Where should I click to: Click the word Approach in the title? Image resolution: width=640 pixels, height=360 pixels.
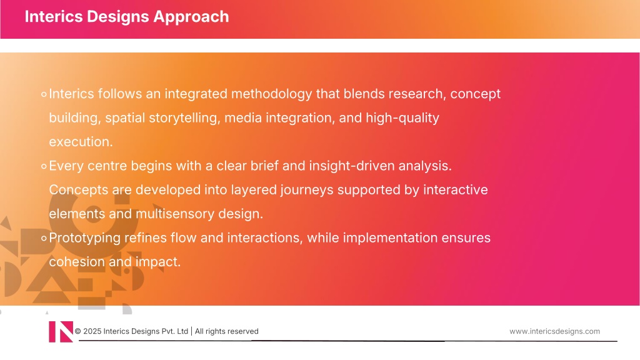click(x=191, y=17)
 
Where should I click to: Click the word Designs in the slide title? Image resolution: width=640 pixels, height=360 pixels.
click(x=117, y=17)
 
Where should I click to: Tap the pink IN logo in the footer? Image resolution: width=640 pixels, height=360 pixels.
click(x=61, y=331)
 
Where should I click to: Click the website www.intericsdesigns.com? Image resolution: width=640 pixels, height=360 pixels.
click(x=555, y=331)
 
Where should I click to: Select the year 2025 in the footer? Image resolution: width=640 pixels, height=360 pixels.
click(x=92, y=331)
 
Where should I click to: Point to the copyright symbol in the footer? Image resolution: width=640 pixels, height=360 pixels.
click(x=78, y=331)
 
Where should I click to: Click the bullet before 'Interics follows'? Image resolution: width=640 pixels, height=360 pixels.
click(x=44, y=95)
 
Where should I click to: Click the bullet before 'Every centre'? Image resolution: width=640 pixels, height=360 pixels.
click(x=44, y=166)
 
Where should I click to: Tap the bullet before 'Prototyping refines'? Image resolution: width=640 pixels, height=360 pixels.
click(x=44, y=238)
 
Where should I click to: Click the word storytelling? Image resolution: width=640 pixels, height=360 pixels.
click(x=184, y=118)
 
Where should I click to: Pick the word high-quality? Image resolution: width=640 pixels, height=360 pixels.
click(x=402, y=118)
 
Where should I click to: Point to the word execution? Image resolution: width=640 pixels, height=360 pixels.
click(x=81, y=142)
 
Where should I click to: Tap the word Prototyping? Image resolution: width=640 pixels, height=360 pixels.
click(x=84, y=238)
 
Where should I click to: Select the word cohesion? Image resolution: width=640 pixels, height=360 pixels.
click(x=77, y=262)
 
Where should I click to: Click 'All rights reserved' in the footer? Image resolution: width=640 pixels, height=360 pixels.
click(x=226, y=331)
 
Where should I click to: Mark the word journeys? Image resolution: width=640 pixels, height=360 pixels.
click(x=306, y=190)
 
